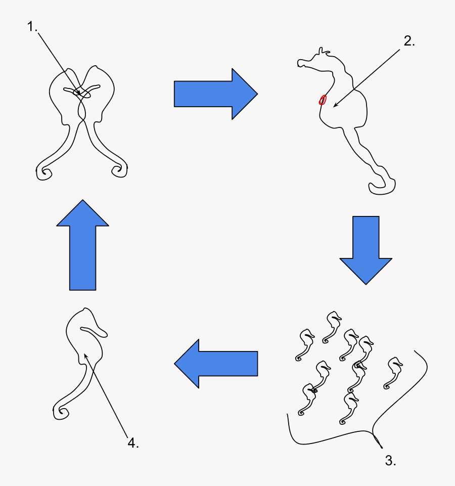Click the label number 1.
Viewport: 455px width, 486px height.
[x=32, y=27]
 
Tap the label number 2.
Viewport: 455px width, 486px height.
[x=409, y=42]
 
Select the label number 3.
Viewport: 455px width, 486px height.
[x=390, y=460]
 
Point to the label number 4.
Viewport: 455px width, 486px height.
[x=132, y=444]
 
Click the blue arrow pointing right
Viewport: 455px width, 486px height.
[x=215, y=94]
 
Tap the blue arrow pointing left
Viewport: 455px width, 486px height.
[x=216, y=364]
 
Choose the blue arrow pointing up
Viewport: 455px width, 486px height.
[x=82, y=245]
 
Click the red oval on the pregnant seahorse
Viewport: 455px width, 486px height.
[x=322, y=100]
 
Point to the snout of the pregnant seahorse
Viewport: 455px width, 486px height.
[x=302, y=63]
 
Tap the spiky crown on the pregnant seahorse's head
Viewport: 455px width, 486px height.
[x=323, y=52]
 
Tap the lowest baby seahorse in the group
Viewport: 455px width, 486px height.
[x=349, y=409]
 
